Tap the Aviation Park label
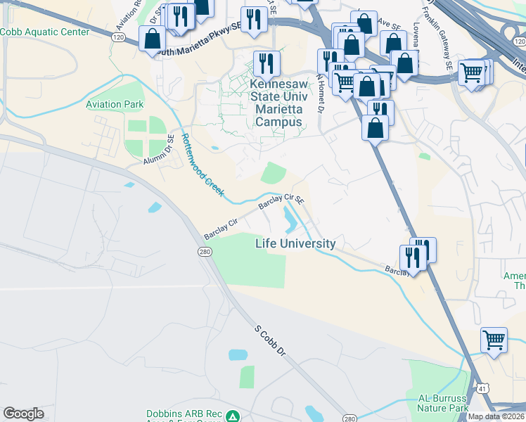(115, 105)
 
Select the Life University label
(295, 243)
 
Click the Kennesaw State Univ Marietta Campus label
(278, 102)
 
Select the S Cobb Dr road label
(271, 340)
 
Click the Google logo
(23, 414)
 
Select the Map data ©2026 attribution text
(496, 416)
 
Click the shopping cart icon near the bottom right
(494, 339)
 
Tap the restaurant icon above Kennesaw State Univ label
(267, 62)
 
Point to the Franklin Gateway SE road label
(437, 32)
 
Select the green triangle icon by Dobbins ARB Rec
(232, 417)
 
